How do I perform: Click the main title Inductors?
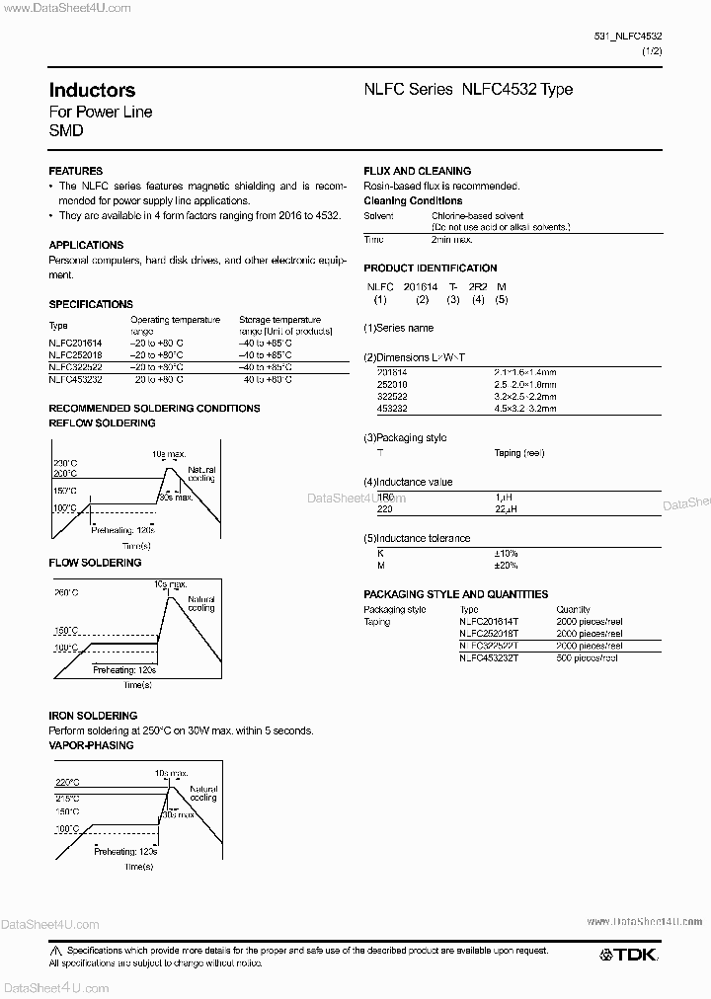click(92, 90)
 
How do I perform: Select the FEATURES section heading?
click(76, 171)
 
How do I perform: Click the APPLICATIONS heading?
click(86, 245)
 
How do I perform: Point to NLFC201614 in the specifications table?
click(75, 342)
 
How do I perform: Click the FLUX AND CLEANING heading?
click(417, 171)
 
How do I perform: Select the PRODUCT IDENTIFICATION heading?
click(430, 268)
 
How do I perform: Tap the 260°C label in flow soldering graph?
click(66, 592)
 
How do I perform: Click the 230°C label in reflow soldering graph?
click(66, 463)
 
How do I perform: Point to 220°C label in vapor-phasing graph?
click(66, 781)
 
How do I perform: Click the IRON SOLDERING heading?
click(93, 715)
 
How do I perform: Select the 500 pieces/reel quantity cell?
click(587, 657)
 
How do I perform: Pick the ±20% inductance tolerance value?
click(507, 565)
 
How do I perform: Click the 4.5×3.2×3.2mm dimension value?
click(524, 408)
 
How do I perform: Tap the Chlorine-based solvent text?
click(478, 215)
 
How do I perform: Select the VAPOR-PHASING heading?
click(91, 745)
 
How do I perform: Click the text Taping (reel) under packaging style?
click(519, 452)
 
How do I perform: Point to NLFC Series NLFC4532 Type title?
click(468, 90)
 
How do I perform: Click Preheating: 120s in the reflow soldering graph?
click(122, 529)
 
